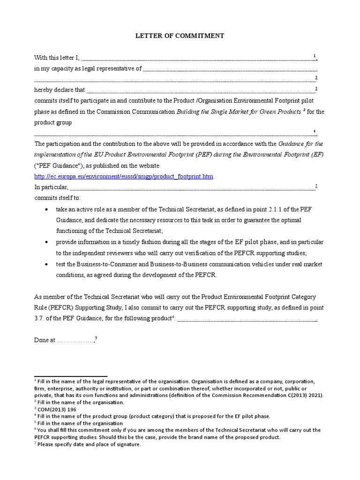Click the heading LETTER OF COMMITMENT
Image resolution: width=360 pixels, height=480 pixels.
coord(180,35)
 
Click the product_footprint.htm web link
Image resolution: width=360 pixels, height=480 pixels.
coord(124,176)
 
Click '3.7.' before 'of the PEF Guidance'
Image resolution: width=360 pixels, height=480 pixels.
coord(41,318)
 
